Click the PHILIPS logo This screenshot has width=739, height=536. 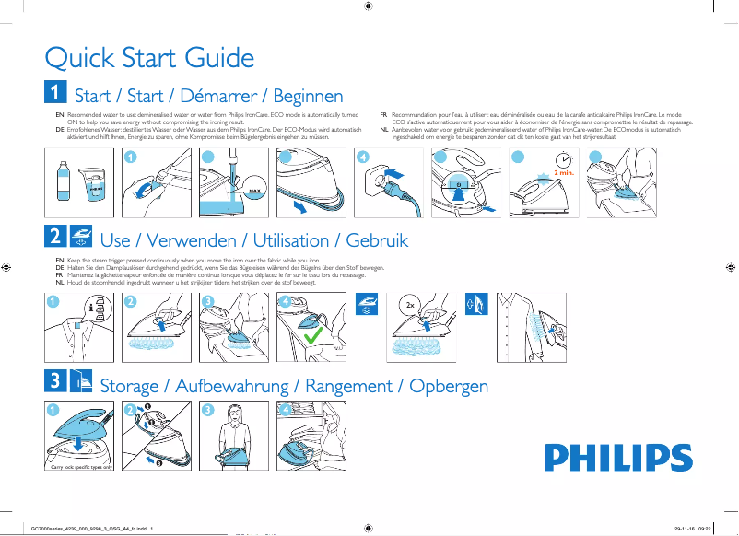(617, 457)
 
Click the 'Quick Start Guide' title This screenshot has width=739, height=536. (149, 58)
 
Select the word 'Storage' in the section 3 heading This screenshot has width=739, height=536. (134, 385)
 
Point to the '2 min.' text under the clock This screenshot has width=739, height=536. (564, 172)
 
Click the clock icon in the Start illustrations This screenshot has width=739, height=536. (563, 158)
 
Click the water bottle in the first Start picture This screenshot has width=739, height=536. (64, 181)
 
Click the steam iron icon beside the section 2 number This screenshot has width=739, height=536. (80, 237)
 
